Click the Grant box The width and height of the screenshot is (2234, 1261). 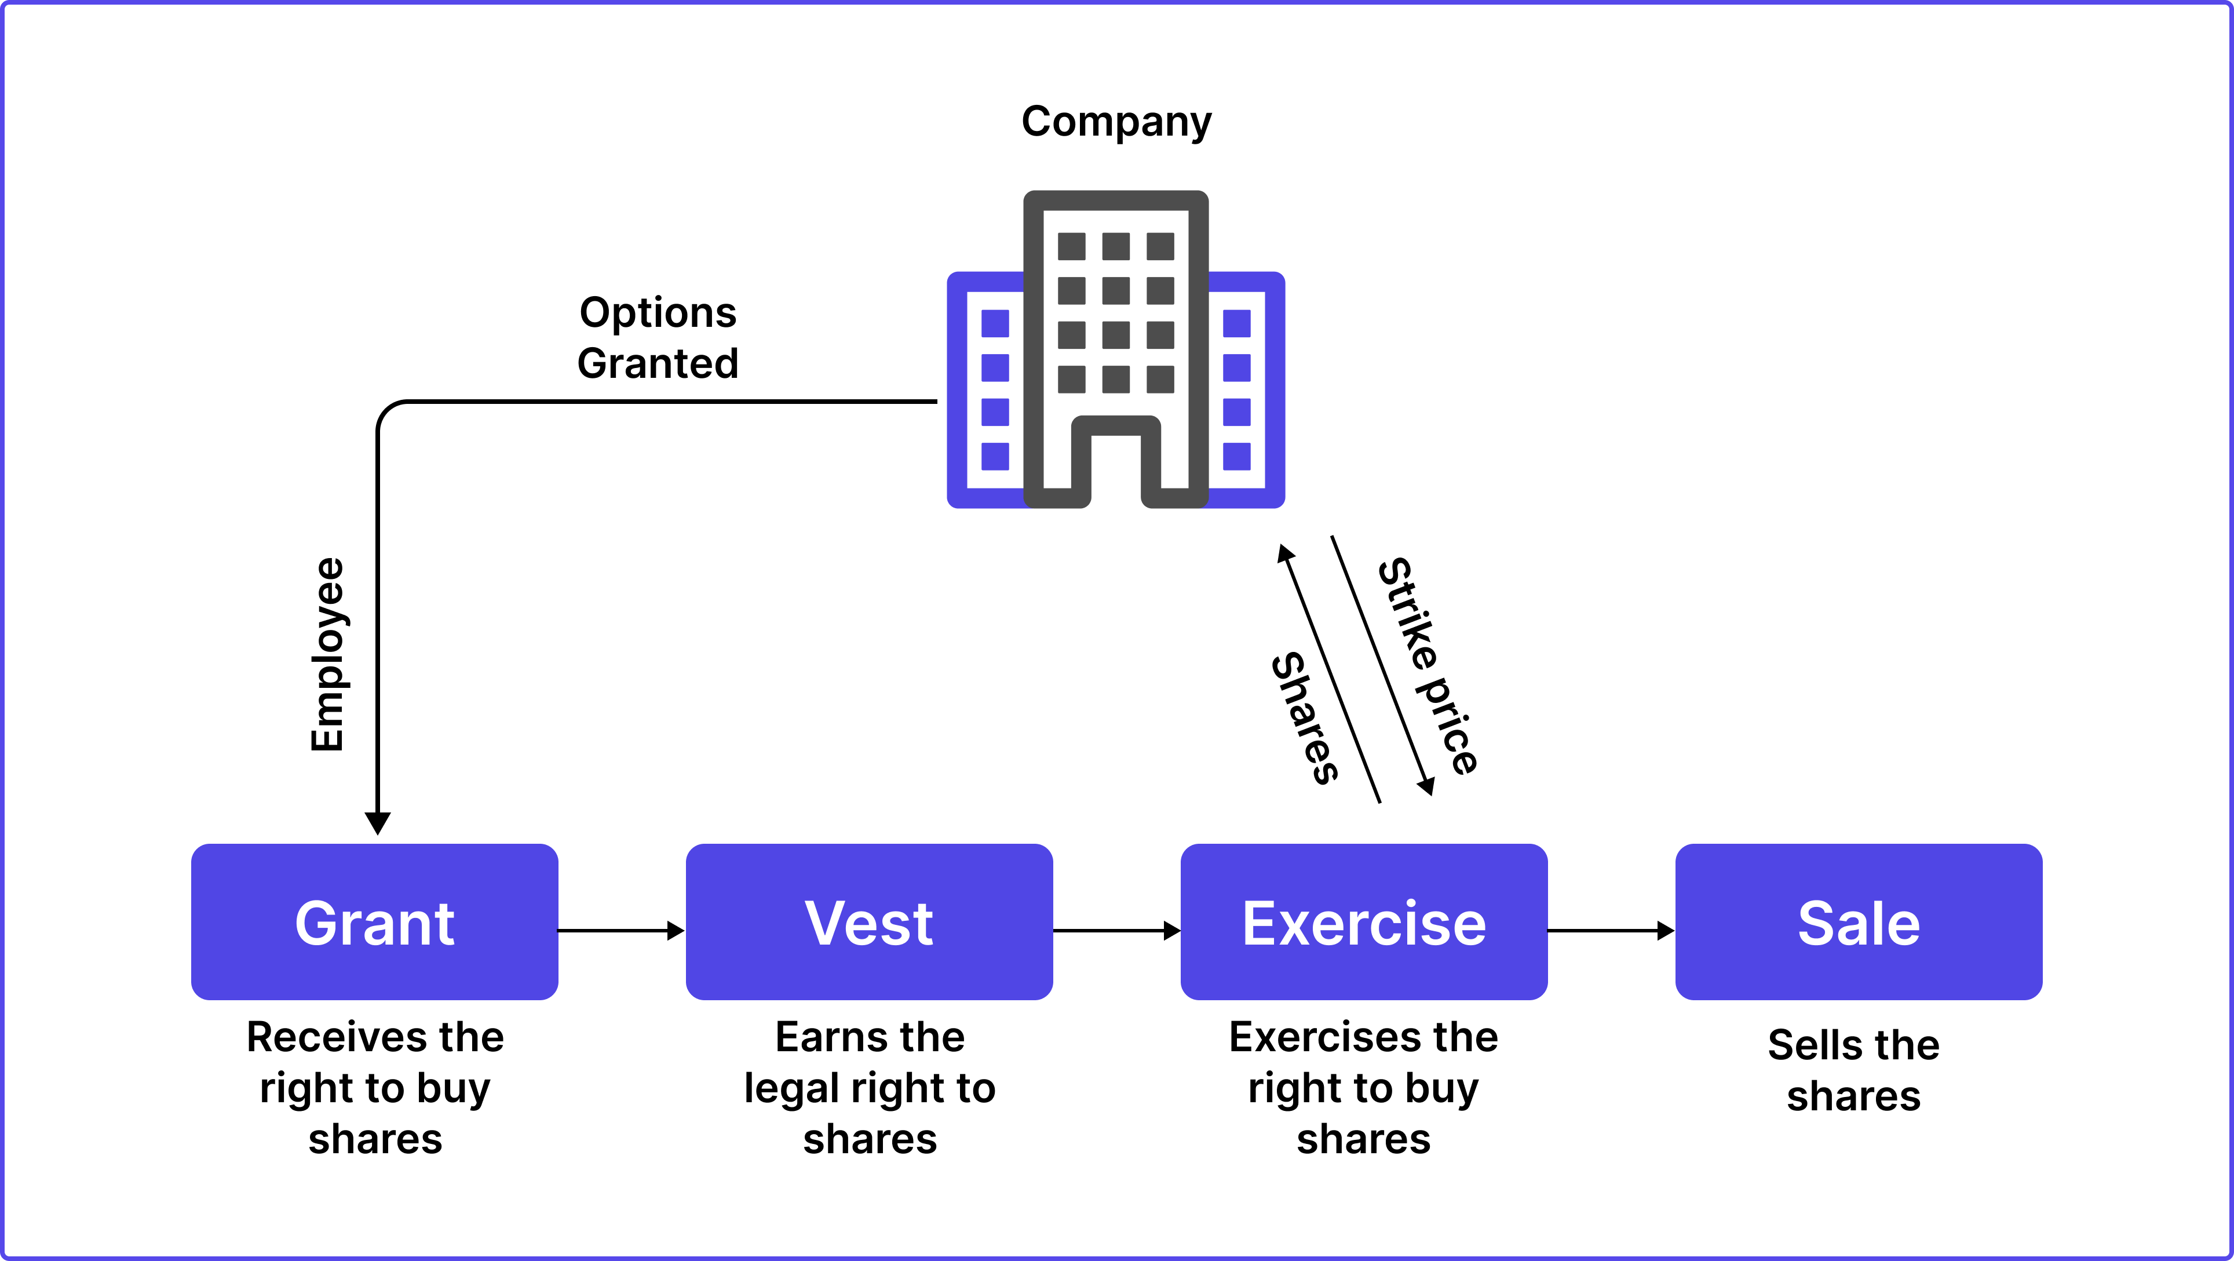tap(375, 922)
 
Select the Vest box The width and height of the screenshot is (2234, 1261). tap(869, 922)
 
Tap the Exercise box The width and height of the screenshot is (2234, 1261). tap(1363, 922)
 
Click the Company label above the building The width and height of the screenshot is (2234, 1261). tap(1116, 122)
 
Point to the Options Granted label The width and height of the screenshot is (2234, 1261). tap(658, 337)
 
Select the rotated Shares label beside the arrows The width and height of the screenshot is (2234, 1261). tap(1304, 718)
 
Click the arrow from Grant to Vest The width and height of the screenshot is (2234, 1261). tap(621, 931)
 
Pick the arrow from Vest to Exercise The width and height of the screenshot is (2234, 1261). tap(1116, 931)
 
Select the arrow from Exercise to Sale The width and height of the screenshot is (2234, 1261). tap(1611, 931)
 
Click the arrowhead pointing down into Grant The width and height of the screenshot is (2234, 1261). tap(377, 822)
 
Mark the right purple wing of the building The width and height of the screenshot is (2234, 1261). tap(1246, 390)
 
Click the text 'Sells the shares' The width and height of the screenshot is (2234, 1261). tap(1854, 1070)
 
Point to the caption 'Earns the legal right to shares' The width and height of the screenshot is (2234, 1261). tap(870, 1088)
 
